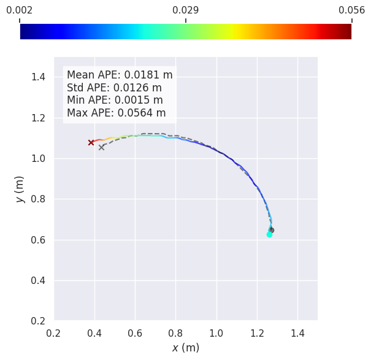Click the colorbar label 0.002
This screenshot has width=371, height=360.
point(20,10)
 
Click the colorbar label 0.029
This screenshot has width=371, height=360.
point(185,10)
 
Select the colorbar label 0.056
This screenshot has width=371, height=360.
point(351,10)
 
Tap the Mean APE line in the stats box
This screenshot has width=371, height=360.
point(120,75)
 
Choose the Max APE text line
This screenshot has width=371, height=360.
point(116,113)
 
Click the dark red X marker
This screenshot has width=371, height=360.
point(91,142)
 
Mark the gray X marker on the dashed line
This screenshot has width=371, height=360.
point(101,147)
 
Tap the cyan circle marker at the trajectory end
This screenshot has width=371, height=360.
point(269,234)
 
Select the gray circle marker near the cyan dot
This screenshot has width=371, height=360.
point(272,230)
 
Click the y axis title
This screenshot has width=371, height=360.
point(20,188)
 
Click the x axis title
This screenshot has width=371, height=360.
point(185,348)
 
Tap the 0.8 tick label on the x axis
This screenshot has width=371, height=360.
point(175,332)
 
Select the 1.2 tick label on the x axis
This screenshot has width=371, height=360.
point(257,332)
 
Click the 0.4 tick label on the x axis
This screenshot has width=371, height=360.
point(94,332)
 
